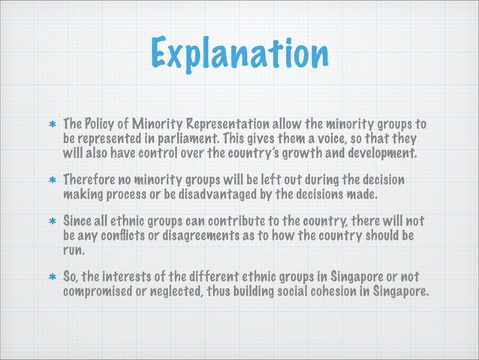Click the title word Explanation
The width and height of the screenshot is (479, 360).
239,55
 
